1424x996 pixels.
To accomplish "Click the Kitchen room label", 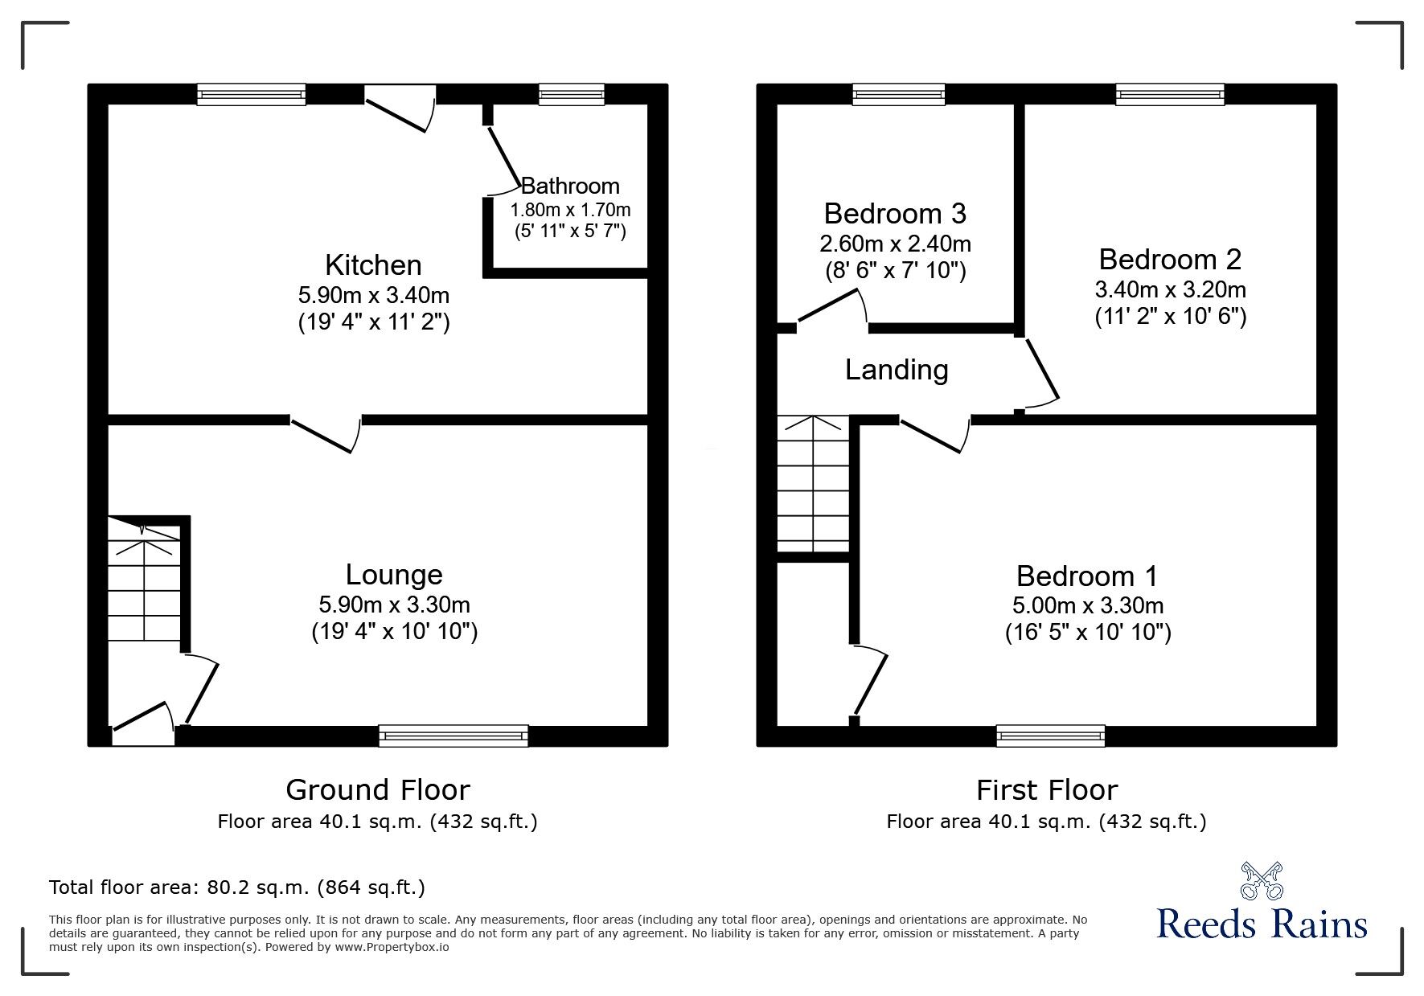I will click(373, 265).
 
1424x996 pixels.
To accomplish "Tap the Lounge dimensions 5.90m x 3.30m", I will click(394, 605).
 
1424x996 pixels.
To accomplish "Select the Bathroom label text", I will click(570, 186).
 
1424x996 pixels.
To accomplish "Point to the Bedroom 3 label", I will click(895, 214).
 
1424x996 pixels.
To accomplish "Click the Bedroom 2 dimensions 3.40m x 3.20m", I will click(1170, 289).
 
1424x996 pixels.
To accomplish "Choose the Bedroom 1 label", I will click(1087, 576).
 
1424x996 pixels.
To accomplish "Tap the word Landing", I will click(897, 370).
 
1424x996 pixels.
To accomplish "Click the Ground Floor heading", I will click(377, 790).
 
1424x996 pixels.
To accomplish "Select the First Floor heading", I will click(1046, 790).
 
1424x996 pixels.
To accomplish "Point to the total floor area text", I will click(237, 887).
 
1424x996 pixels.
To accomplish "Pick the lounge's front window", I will click(453, 736).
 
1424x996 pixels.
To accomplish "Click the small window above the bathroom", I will click(571, 95).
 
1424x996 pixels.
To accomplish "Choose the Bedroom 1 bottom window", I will click(1050, 736).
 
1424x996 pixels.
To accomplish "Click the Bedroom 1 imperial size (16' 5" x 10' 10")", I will click(1087, 633).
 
